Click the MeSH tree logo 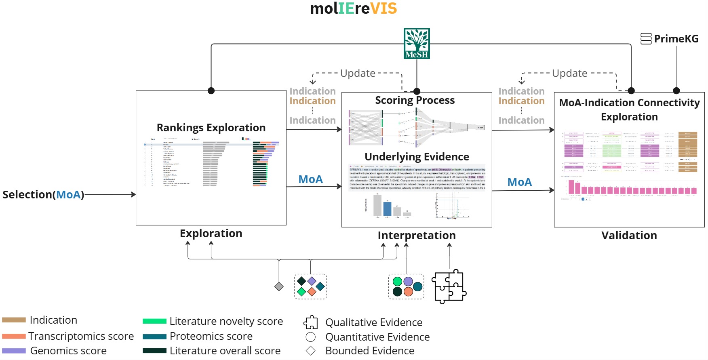[417, 43]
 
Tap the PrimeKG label [676, 39]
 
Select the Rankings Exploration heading [211, 128]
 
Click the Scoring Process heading [415, 100]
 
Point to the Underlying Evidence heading [417, 157]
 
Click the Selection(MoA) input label [43, 195]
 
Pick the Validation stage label [629, 236]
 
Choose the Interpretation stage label [417, 236]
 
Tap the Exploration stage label [211, 234]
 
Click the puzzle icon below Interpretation [449, 286]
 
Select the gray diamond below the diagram [279, 286]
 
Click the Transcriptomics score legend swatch [14, 336]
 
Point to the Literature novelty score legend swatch [154, 321]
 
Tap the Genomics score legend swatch [14, 351]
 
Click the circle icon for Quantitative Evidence [311, 337]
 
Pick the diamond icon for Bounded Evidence [311, 351]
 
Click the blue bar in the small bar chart [387, 208]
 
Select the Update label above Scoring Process [358, 73]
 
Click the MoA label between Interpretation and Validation [519, 182]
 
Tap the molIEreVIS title [354, 8]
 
